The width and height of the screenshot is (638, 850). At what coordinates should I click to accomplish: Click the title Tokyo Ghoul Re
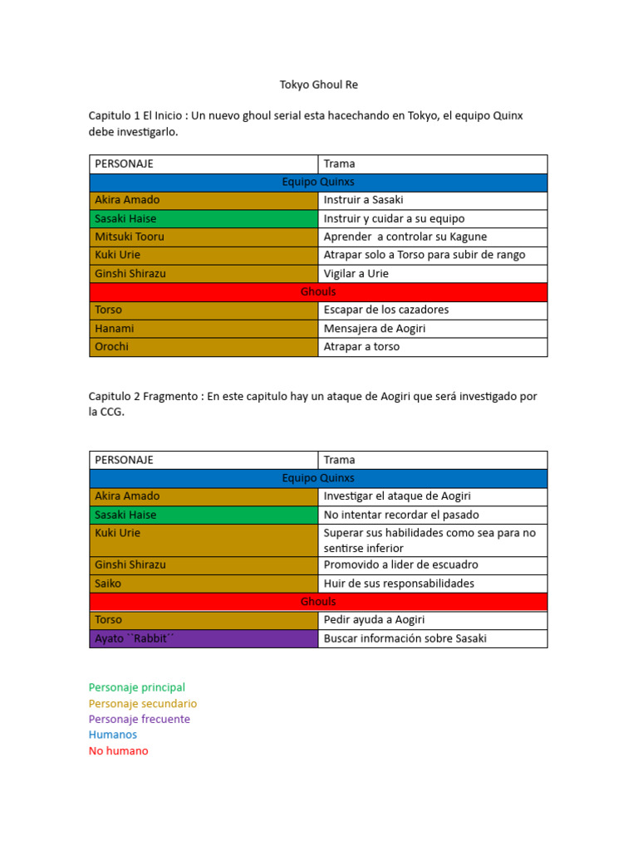tap(318, 85)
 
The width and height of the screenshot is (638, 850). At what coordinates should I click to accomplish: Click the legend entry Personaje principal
tap(137, 687)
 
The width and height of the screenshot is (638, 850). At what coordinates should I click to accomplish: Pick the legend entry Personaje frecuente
tap(140, 719)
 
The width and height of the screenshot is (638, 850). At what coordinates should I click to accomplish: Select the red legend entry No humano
tap(119, 750)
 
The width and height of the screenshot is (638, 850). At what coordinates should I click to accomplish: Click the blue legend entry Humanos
tap(113, 735)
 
